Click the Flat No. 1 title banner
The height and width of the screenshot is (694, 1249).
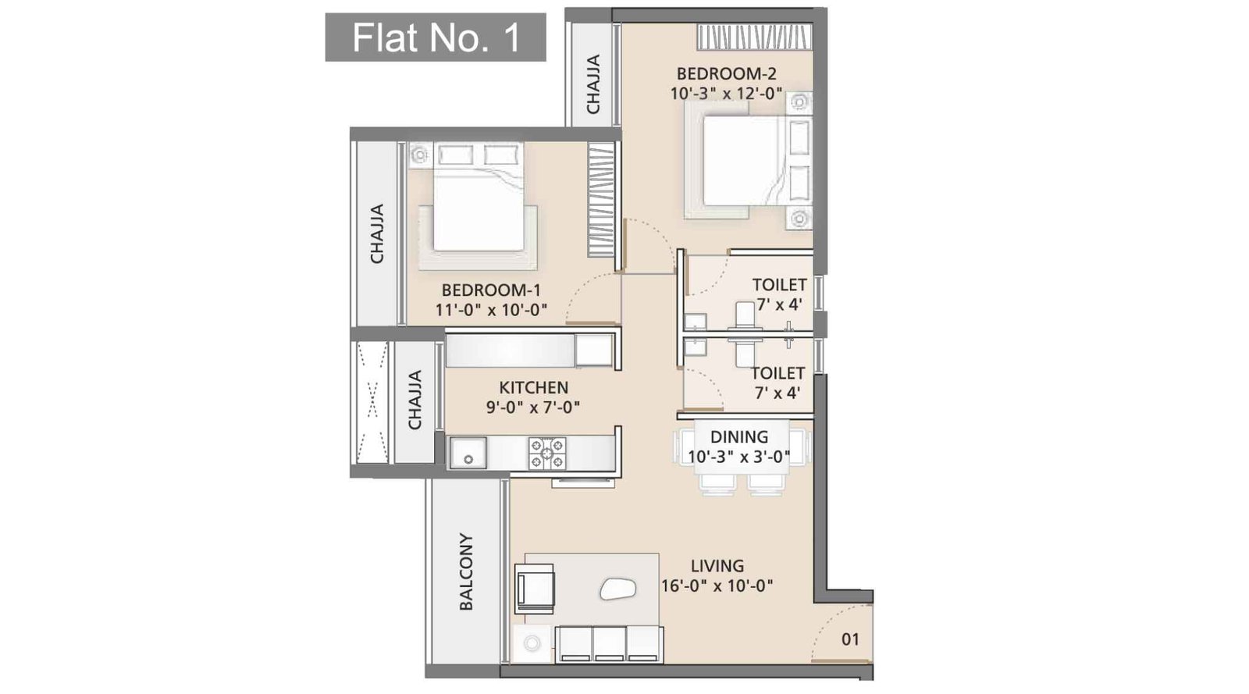pos(435,37)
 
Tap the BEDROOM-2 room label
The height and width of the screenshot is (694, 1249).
pos(726,74)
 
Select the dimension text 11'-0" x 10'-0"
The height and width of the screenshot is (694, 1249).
pos(491,310)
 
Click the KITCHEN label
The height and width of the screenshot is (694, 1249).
pos(533,387)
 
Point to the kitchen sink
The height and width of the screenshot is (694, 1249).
pos(468,454)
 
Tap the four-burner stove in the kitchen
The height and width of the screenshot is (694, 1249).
pos(546,453)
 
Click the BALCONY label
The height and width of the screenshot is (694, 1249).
pos(466,571)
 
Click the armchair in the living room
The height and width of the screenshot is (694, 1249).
pos(536,588)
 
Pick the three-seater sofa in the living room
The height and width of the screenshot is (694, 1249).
pos(610,645)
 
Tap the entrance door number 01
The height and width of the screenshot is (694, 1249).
pos(850,639)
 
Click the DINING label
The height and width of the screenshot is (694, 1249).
pos(738,437)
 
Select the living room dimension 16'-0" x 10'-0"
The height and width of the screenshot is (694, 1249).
pos(717,585)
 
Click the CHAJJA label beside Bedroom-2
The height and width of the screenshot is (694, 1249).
pos(593,84)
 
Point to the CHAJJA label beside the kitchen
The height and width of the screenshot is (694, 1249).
pos(415,400)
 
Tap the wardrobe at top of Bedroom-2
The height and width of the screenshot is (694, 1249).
pos(754,37)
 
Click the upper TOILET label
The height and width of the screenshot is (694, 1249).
pos(779,285)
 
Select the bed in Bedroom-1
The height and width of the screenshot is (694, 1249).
pos(477,201)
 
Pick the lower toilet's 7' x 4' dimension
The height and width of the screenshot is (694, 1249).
pos(777,393)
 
